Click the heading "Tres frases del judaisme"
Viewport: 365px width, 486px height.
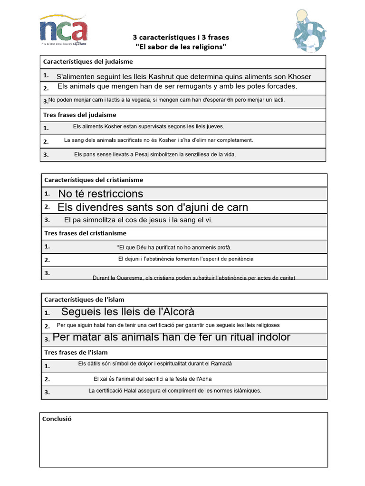[x=80, y=115]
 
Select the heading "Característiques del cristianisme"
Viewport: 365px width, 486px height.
[x=94, y=180]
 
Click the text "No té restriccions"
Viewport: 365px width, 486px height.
[x=100, y=194]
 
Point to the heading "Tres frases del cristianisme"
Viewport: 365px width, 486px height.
[x=85, y=233]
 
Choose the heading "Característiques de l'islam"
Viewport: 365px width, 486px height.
[x=84, y=299]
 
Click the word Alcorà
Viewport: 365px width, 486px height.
[x=176, y=312]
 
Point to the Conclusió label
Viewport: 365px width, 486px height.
[x=57, y=419]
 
